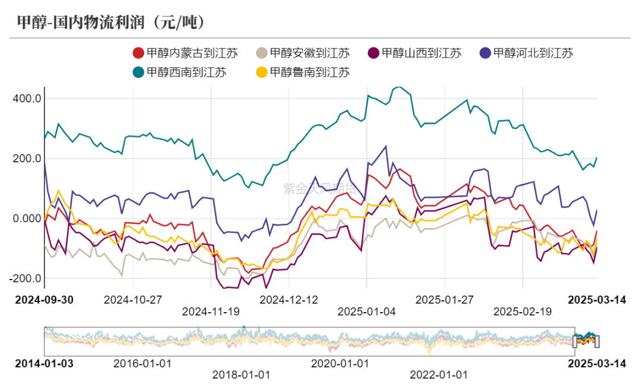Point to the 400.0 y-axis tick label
click(26, 98)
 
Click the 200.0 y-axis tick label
click(26, 159)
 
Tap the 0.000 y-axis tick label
click(26, 219)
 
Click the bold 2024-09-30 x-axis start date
click(44, 300)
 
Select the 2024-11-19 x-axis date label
click(211, 311)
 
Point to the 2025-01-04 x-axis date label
click(367, 311)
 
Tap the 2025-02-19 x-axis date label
click(523, 311)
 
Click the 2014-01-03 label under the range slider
click(44, 363)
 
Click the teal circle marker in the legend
click(138, 72)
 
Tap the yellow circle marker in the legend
click(261, 72)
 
